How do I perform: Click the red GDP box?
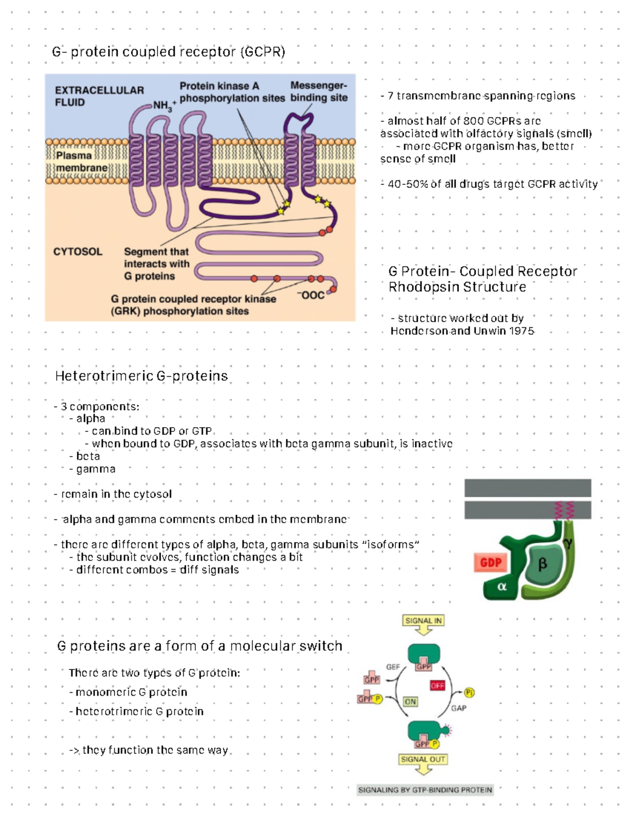coord(490,563)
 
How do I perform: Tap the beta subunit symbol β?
coord(542,564)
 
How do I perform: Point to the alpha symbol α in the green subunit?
coord(502,586)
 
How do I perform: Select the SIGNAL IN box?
coord(423,621)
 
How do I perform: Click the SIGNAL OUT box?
coord(423,759)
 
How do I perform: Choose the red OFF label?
coord(437,685)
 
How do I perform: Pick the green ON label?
coord(410,701)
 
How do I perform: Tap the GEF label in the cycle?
coord(393,667)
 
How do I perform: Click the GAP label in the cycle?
coord(458,708)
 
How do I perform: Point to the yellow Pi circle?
coord(469,693)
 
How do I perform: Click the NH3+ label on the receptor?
coord(164,105)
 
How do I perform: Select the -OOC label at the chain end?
coord(311,295)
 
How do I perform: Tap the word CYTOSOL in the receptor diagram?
coord(78,252)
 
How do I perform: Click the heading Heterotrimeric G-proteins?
coord(141,376)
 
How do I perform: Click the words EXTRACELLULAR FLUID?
coord(99,96)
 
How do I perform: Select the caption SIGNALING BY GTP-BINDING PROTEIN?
coord(425,790)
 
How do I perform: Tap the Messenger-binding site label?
coord(319,91)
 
